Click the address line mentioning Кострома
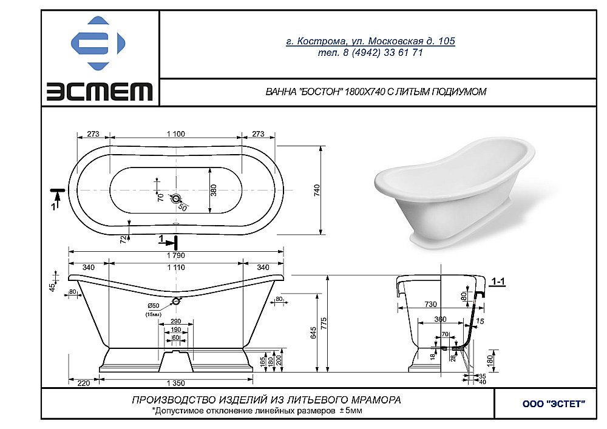tap(370, 41)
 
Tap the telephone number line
tap(370, 53)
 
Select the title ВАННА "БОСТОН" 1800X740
tap(376, 92)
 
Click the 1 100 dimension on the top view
tap(175, 134)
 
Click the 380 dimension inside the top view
tap(213, 191)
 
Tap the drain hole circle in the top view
tap(176, 198)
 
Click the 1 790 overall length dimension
tap(175, 255)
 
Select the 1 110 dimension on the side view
tap(175, 267)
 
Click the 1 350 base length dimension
tap(175, 383)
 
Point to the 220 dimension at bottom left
tap(84, 383)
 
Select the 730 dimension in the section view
tap(430, 303)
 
